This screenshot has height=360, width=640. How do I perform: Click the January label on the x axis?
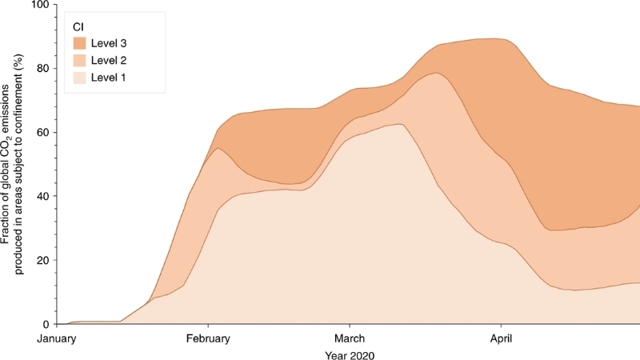pos(61,338)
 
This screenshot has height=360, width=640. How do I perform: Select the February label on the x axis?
pos(208,338)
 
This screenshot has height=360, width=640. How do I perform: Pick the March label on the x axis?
pos(349,338)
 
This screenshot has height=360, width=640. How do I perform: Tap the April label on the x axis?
pos(501,338)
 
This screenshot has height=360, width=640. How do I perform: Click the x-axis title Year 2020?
pos(350,354)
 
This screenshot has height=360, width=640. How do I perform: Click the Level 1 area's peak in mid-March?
pos(398,125)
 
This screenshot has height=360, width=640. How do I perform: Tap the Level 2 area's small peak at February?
pos(218,150)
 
